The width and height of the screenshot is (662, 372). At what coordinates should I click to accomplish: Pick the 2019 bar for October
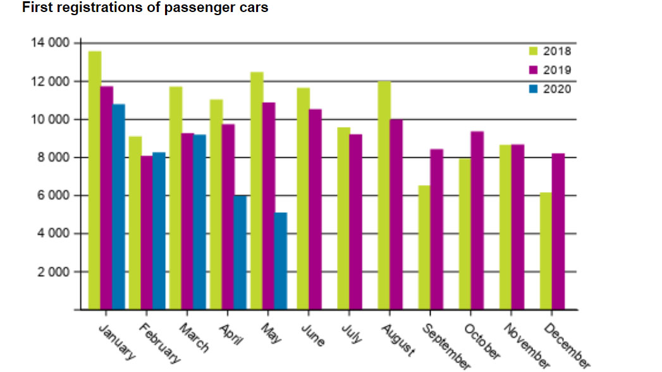pyautogui.click(x=477, y=220)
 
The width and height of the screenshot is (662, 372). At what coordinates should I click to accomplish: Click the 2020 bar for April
pyautogui.click(x=240, y=253)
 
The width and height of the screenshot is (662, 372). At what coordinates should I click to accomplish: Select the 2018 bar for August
pyautogui.click(x=384, y=195)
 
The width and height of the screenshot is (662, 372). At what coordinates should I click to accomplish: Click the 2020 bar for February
pyautogui.click(x=159, y=231)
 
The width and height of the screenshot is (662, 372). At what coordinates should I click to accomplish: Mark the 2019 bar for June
pyautogui.click(x=314, y=209)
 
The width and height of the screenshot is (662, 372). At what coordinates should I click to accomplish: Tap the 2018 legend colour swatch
pyautogui.click(x=533, y=52)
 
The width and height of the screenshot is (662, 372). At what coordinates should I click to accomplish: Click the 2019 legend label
pyautogui.click(x=557, y=70)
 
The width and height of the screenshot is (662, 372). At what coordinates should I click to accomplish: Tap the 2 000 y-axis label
pyautogui.click(x=52, y=272)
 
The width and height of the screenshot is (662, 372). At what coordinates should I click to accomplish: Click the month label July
pyautogui.click(x=352, y=333)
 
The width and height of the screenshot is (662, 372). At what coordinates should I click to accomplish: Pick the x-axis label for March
pyautogui.click(x=193, y=337)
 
